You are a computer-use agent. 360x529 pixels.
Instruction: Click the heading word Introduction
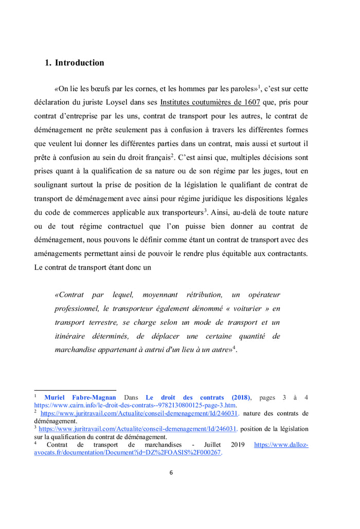click(79, 63)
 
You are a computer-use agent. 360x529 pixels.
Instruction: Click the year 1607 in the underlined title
click(250, 102)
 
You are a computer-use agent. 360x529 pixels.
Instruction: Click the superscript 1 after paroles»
click(260, 86)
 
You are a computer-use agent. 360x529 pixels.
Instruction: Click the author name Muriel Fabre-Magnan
click(80, 398)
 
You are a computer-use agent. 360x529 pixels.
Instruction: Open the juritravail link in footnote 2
click(139, 413)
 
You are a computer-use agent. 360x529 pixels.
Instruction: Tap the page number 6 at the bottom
click(171, 473)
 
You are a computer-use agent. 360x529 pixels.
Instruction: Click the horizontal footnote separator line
click(75, 391)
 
